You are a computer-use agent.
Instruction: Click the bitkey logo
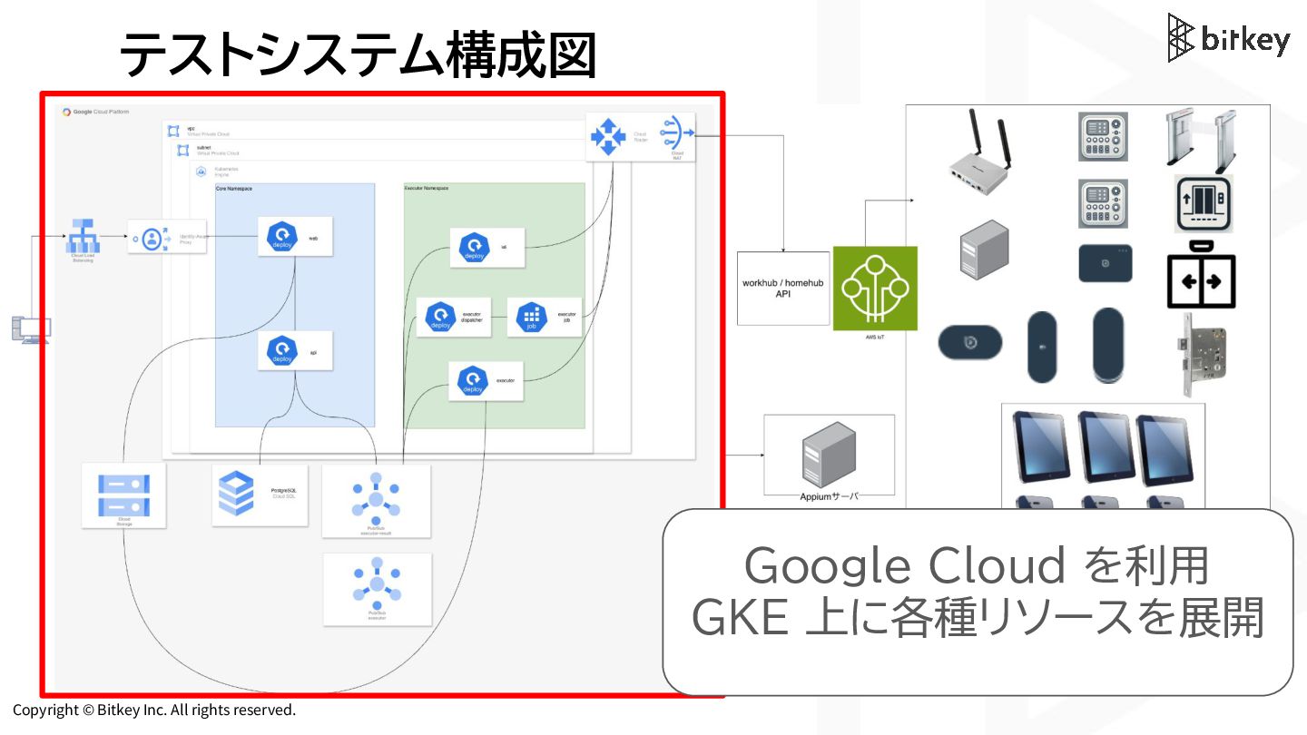1228,38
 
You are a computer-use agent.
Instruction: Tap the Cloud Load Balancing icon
83,237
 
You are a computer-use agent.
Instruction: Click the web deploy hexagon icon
282,237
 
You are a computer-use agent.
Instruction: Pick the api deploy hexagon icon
282,350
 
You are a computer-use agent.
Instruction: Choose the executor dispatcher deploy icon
440,317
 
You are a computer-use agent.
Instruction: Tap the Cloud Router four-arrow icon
608,136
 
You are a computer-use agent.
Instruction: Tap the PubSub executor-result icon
376,495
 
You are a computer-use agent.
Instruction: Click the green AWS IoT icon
875,287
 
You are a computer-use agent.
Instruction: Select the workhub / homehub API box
783,289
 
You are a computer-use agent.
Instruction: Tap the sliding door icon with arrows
1201,275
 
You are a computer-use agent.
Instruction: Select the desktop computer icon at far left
30,328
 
